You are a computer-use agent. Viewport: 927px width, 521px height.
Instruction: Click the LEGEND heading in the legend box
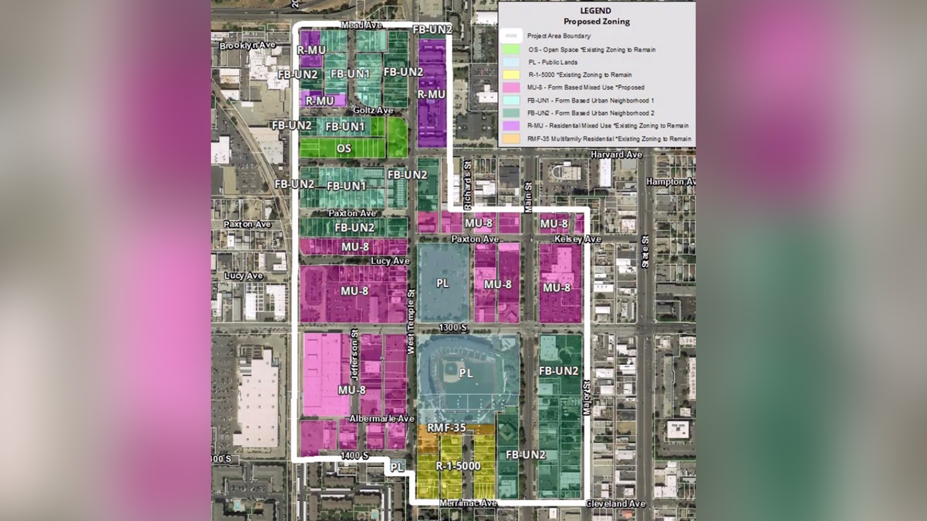(x=596, y=10)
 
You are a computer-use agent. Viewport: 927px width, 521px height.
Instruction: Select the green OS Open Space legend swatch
(x=510, y=50)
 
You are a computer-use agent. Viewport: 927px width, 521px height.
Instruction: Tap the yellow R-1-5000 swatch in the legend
(x=510, y=75)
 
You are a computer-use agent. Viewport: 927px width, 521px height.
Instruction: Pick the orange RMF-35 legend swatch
(x=510, y=139)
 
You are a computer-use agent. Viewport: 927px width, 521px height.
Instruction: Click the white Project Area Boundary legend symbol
(x=510, y=36)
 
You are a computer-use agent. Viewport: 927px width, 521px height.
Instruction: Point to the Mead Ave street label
(x=361, y=25)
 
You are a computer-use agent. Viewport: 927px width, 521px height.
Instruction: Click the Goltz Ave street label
(x=373, y=110)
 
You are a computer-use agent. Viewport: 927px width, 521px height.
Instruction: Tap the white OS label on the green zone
(x=344, y=148)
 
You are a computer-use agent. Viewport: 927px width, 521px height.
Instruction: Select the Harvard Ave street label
(x=616, y=155)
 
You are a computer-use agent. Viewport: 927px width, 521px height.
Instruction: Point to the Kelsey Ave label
(x=578, y=239)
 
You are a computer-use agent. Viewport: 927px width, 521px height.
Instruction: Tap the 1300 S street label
(x=452, y=328)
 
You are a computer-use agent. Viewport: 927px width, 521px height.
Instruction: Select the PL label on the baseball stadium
(x=466, y=373)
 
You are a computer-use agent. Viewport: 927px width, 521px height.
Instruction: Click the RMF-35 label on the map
(x=446, y=428)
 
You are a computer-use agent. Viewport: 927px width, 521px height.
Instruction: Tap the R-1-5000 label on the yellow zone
(x=458, y=465)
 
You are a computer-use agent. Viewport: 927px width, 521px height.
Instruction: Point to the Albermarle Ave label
(x=382, y=419)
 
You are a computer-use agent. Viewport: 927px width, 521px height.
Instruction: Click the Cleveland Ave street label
(x=615, y=504)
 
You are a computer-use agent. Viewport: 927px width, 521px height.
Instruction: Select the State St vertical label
(x=645, y=252)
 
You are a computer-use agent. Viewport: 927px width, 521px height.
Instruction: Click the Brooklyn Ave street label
(x=247, y=45)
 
